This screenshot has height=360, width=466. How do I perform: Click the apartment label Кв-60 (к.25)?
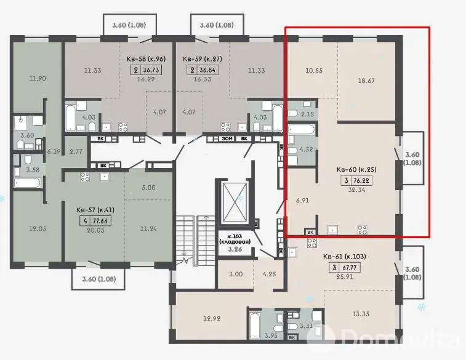coord(356,170)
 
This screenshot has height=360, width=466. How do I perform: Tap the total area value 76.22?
coord(361,180)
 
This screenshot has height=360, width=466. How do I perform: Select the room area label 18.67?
coord(366,81)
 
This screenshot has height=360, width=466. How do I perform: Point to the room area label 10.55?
coord(314,71)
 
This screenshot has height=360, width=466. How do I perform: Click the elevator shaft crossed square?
coord(235,201)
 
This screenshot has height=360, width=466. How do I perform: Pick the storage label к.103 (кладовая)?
coord(235,239)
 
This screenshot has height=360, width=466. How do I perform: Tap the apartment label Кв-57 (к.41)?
coord(95,210)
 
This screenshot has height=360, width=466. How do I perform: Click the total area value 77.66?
coord(100,221)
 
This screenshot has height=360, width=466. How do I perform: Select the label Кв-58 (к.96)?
coord(146,59)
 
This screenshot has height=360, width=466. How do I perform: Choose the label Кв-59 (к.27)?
coord(203,59)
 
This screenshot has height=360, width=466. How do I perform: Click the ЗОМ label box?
coord(227,138)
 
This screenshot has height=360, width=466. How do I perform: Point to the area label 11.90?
coord(38,79)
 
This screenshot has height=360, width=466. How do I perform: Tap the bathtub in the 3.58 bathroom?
coord(27,183)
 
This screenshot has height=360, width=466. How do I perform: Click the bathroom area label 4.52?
coord(307,149)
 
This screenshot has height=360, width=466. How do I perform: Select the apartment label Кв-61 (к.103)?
coord(345,257)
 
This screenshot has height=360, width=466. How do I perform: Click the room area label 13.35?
coord(361,314)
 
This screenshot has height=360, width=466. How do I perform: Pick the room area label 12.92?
coord(212,319)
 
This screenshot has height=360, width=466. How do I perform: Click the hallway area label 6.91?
coord(302,201)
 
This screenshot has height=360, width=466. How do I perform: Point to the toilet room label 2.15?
coord(307,114)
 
